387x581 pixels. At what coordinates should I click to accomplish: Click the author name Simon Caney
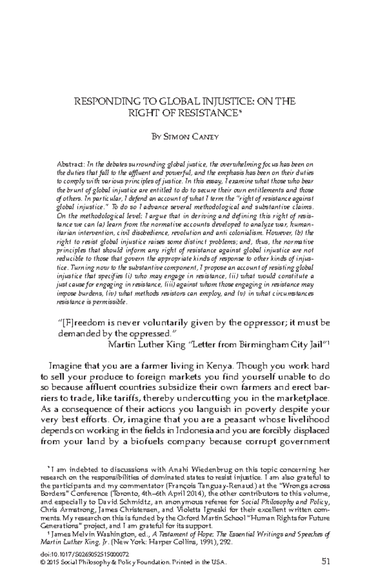click(x=185, y=137)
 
